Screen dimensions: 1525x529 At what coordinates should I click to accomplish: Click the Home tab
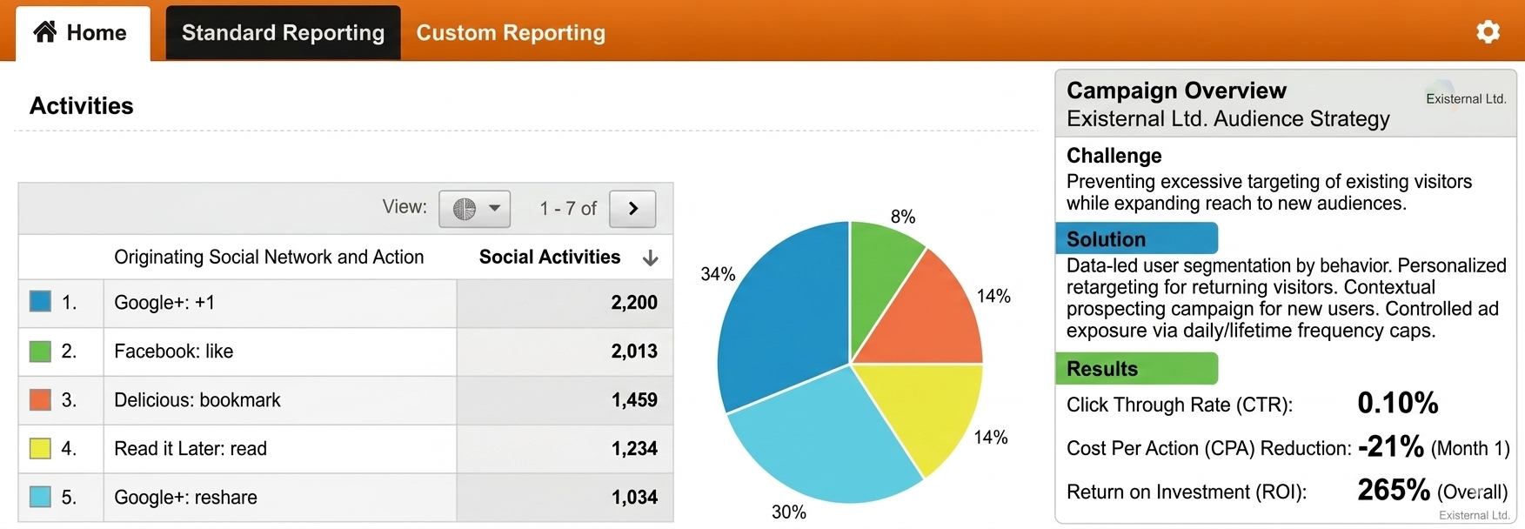coord(83,33)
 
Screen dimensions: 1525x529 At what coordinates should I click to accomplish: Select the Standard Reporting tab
coord(283,33)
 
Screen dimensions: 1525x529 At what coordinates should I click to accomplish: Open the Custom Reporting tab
coord(511,33)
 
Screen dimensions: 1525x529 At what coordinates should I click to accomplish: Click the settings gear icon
coord(1488,32)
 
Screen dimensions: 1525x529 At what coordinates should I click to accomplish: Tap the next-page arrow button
coord(632,208)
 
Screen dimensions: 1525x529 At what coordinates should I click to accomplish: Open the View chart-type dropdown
coord(474,208)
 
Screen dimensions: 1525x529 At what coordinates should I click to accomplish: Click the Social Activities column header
coord(550,257)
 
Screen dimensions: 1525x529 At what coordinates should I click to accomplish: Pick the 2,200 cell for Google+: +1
coord(634,303)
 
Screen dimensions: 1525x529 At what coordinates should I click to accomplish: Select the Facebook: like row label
coord(174,352)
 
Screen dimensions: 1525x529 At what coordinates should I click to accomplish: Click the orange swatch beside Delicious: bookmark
coord(40,400)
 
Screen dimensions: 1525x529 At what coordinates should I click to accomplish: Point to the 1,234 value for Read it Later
coord(634,449)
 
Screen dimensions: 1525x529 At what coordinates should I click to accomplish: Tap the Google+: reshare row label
coord(186,498)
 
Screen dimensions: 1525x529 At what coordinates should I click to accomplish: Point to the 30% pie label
coord(789,512)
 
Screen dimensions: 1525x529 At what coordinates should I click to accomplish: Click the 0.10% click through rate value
coord(1398,403)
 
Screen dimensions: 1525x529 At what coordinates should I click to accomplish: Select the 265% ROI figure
coord(1394,490)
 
